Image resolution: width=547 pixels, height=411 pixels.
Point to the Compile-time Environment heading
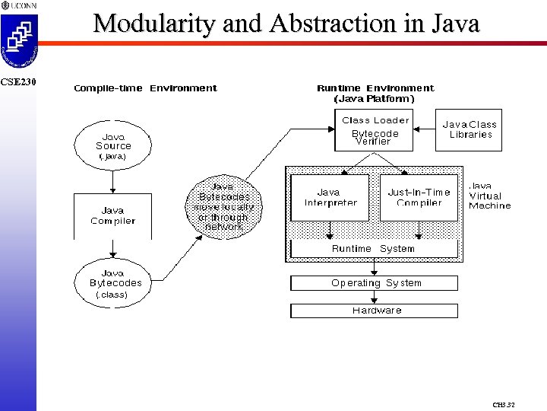click(145, 88)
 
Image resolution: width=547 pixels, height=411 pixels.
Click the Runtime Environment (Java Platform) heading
click(375, 93)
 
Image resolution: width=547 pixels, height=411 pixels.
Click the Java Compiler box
click(112, 215)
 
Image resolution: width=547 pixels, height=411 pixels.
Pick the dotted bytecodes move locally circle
click(223, 206)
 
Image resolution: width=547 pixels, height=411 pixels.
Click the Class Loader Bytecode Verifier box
click(375, 130)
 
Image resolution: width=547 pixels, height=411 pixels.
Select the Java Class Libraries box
click(470, 129)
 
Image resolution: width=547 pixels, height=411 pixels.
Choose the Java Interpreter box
click(330, 198)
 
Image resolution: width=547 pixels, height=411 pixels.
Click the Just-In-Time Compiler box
click(419, 198)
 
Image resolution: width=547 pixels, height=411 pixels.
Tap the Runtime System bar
click(374, 249)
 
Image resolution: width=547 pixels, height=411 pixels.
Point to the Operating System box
click(375, 283)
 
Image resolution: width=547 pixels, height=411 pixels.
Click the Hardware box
click(375, 311)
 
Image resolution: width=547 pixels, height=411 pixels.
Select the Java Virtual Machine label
click(490, 196)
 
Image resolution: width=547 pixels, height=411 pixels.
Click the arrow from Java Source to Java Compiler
click(112, 181)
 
